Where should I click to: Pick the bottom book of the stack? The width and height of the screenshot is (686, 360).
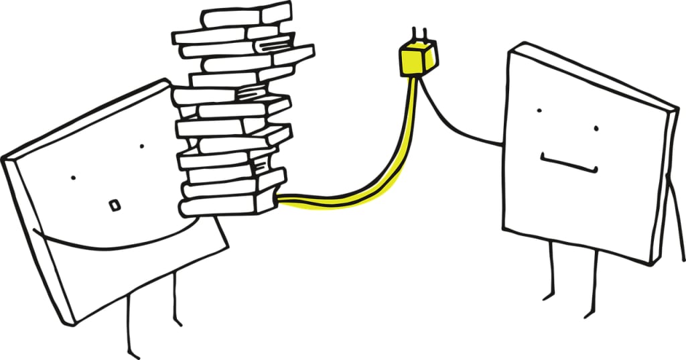click(228, 204)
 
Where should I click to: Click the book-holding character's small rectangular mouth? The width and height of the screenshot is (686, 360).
click(114, 204)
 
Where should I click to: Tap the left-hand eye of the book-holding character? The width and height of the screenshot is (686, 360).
click(73, 177)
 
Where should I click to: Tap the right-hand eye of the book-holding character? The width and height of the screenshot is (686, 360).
click(141, 145)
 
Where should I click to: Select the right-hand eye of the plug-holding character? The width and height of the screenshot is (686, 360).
click(594, 128)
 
